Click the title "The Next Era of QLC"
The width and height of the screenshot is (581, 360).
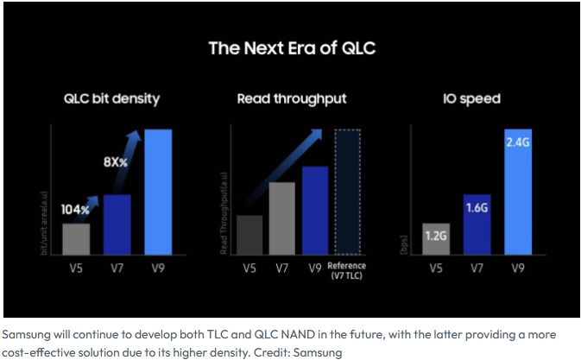coord(292,47)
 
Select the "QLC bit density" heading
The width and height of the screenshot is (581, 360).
coord(111,99)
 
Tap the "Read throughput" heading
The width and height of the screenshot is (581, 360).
coord(291,99)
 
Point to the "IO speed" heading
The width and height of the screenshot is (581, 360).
coord(470,99)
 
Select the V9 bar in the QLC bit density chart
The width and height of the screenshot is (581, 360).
coord(158,191)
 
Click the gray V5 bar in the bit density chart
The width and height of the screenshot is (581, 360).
coord(76,239)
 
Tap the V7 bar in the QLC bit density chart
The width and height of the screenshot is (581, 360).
coord(117,224)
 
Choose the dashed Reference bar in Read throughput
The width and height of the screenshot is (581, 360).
coord(346,192)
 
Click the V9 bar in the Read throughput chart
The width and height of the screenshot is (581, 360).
coord(315,210)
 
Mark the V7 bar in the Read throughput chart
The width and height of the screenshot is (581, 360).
coord(282,218)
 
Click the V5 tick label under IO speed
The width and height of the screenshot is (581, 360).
coord(436,268)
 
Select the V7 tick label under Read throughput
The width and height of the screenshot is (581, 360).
coord(282,268)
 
